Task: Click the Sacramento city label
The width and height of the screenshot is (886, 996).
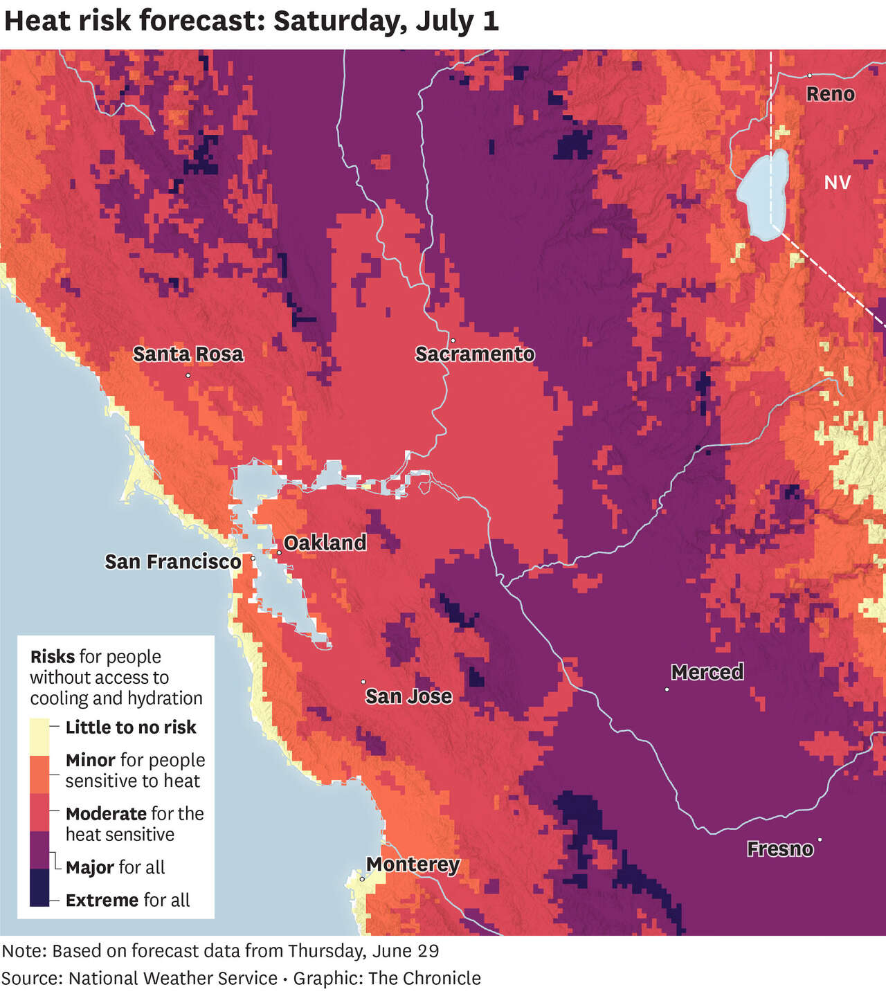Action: click(475, 354)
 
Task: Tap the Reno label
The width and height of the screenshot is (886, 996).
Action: click(830, 94)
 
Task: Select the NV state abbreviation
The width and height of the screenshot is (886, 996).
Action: click(837, 182)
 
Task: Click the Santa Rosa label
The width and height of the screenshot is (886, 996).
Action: click(188, 354)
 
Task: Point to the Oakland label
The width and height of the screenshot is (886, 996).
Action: click(325, 543)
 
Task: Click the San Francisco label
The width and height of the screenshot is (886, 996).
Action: click(173, 561)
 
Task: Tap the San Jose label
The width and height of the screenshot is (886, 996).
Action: click(408, 696)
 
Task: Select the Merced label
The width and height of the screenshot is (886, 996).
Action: click(707, 672)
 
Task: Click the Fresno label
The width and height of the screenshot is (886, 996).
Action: click(779, 849)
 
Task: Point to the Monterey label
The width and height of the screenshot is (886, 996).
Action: click(413, 864)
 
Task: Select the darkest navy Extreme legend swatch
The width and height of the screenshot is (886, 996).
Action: click(39, 888)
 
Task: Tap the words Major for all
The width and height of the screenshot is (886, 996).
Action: click(115, 867)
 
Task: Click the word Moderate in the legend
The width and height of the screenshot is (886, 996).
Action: click(106, 813)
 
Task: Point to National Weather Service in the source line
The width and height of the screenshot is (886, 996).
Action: click(173, 978)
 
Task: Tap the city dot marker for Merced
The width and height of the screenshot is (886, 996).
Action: click(667, 689)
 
